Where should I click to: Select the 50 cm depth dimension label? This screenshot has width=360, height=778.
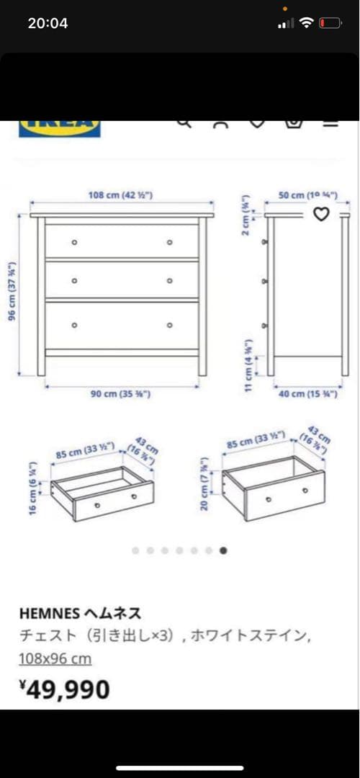point(307,195)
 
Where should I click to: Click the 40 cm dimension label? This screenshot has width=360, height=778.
point(307,394)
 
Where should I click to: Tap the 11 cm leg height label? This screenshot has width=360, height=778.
point(249,365)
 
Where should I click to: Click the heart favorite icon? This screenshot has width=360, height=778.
point(321,213)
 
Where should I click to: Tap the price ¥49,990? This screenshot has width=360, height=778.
point(65,689)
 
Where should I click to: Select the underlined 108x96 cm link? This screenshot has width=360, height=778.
point(55,658)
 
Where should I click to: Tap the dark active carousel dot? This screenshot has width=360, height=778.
point(223,550)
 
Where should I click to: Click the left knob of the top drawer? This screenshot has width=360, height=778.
point(74,242)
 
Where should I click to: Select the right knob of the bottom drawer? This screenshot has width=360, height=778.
point(170,325)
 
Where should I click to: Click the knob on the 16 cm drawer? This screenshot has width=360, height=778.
point(134,497)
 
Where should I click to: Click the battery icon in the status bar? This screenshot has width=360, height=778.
point(330,23)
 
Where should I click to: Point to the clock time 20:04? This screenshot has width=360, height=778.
point(48,23)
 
